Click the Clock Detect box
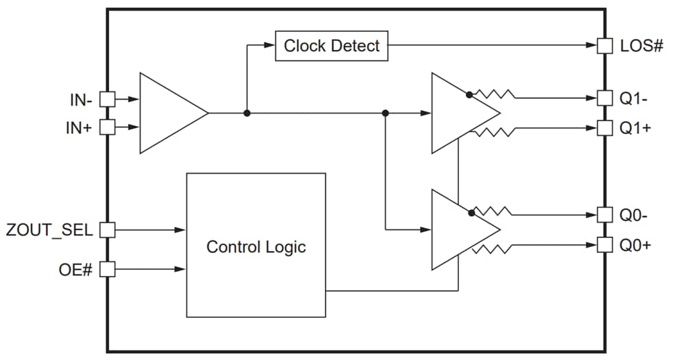(x=332, y=46)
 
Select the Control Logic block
(x=256, y=246)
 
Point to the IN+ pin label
(x=79, y=127)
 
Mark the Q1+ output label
(x=635, y=127)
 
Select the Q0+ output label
(x=635, y=245)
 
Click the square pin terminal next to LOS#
(x=606, y=46)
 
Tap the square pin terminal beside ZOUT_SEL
(x=107, y=229)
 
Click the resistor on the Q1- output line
(x=495, y=95)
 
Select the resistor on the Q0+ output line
(x=495, y=249)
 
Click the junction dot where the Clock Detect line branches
(x=247, y=113)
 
